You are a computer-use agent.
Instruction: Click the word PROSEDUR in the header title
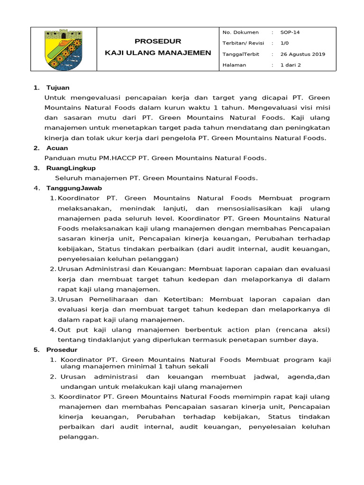[x=158, y=41]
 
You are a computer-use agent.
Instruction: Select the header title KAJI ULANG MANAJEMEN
[x=158, y=53]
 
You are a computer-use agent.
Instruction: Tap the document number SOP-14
[x=290, y=33]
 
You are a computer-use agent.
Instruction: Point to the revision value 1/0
[x=284, y=43]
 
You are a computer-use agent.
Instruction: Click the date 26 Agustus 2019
[x=302, y=54]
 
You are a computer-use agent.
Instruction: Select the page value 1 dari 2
[x=291, y=65]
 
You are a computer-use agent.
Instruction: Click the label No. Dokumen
[x=240, y=33]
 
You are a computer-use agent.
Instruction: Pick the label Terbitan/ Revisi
[x=243, y=43]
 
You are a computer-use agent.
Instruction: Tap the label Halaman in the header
[x=234, y=65]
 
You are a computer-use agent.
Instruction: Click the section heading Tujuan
[x=58, y=88]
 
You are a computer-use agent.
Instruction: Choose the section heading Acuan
[x=57, y=148]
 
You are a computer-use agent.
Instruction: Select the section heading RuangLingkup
[x=71, y=168]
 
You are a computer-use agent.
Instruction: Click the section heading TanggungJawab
[x=74, y=188]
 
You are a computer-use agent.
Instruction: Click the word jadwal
[x=262, y=377]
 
